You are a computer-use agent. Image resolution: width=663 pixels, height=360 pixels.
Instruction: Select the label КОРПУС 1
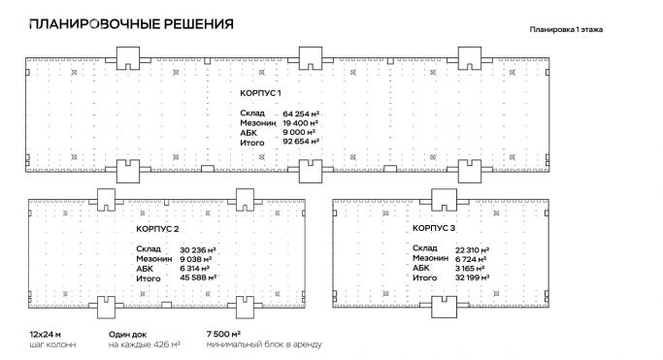click(x=259, y=92)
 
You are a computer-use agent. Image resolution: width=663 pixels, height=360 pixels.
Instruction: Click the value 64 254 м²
click(x=301, y=114)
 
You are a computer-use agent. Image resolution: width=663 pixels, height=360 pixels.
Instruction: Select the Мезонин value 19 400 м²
click(x=301, y=124)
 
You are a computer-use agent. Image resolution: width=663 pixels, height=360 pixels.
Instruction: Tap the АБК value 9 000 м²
click(x=301, y=134)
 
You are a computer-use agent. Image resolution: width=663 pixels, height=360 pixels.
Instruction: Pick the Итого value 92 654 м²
click(x=301, y=144)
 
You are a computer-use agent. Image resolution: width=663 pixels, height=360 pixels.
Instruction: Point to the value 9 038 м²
click(x=199, y=259)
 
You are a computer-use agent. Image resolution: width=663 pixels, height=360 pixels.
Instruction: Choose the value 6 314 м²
click(x=199, y=269)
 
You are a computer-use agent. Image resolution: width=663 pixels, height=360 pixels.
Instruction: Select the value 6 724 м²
click(x=470, y=258)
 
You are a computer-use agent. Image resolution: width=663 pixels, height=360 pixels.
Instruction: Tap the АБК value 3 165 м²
click(x=470, y=268)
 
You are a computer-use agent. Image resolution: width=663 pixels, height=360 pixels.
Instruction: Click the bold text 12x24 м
click(x=45, y=334)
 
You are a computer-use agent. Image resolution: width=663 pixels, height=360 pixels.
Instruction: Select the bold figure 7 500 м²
click(x=223, y=334)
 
